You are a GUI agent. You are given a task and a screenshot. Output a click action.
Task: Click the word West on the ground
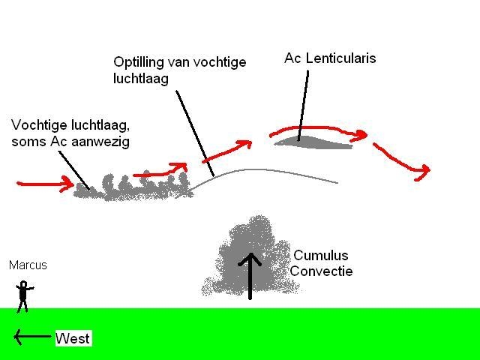point(73,338)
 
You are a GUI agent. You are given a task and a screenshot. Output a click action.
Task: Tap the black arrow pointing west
point(32,337)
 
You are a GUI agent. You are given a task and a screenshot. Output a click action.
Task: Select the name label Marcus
point(28,265)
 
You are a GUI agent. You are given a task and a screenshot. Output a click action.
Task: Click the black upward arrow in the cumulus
point(250,276)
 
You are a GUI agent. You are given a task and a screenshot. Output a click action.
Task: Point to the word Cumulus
point(321,255)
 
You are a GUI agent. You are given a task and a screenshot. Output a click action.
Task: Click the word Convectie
point(321,271)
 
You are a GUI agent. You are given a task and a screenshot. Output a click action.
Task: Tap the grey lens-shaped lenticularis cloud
point(313,142)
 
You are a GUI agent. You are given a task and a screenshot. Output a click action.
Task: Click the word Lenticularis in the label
point(340,58)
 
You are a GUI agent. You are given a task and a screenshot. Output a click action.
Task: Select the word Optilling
point(139,63)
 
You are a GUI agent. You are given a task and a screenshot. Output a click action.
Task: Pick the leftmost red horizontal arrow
point(45,184)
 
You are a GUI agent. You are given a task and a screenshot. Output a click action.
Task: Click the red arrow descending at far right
point(402,162)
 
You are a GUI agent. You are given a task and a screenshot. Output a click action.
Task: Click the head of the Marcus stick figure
point(23,284)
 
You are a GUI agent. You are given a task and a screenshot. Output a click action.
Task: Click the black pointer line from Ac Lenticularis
point(303,106)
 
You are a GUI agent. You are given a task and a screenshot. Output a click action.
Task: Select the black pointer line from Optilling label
point(195,133)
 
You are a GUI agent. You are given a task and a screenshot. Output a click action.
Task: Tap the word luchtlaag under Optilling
point(141,79)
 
